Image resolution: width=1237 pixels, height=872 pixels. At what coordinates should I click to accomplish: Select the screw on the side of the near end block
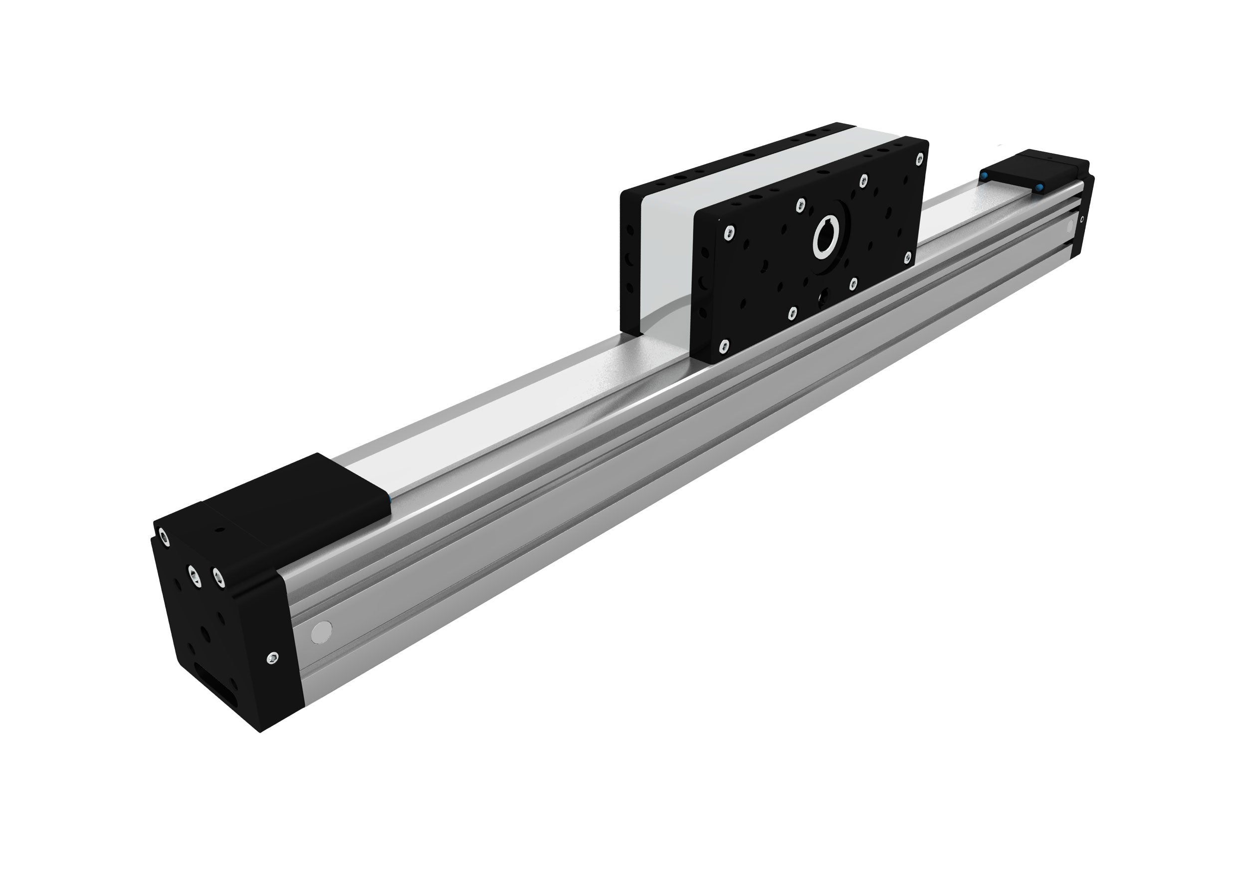tap(273, 657)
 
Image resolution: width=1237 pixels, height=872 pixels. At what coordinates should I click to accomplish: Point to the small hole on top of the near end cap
tap(219, 530)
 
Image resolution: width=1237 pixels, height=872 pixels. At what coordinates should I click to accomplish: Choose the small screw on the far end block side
tap(1082, 219)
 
